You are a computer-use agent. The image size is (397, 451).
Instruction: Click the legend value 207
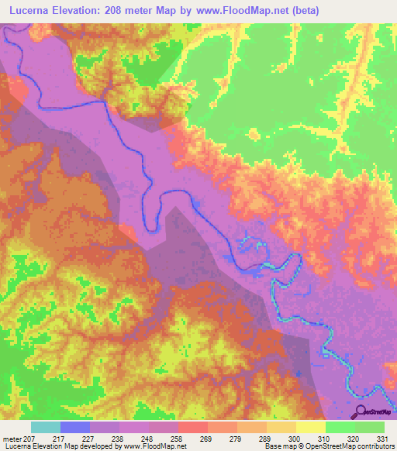30,438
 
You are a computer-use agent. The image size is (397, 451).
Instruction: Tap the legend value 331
383,438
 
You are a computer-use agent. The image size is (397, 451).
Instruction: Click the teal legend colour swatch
45,428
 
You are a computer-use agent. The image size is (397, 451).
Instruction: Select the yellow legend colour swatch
310,428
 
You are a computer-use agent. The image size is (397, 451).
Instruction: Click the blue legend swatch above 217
74,428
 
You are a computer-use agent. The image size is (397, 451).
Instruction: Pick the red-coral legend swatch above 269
192,428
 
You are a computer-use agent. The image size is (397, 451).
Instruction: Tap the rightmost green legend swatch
369,428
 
